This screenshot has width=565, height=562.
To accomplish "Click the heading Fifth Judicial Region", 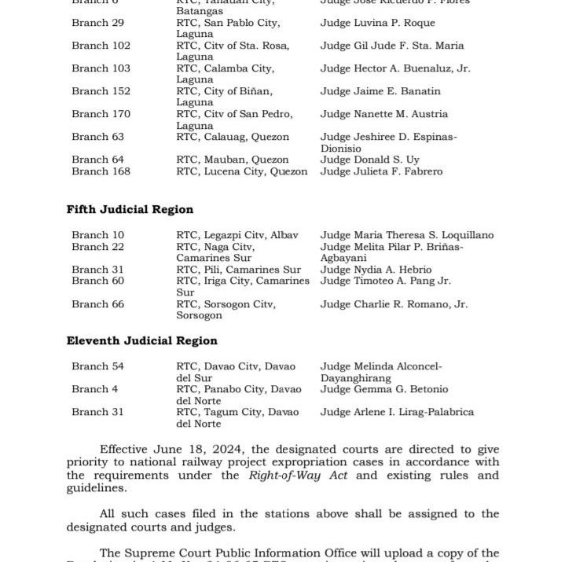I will [130, 210].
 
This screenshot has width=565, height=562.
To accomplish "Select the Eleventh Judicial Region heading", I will [141, 341].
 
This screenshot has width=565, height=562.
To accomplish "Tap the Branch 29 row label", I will [97, 23].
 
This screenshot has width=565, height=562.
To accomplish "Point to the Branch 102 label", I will [101, 46].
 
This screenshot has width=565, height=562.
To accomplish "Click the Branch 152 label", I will [101, 91].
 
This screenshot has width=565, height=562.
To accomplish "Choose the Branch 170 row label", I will [101, 114].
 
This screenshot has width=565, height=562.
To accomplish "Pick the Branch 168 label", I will [101, 171].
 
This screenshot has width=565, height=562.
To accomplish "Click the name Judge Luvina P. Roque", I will [377, 23].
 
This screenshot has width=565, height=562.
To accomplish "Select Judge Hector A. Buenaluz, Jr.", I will [395, 68].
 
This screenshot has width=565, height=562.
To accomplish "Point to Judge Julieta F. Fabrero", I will [381, 171].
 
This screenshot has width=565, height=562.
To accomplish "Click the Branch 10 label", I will [97, 235].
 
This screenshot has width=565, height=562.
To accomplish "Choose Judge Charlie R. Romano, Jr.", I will [394, 304].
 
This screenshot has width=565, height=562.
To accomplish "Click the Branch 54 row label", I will [97, 366].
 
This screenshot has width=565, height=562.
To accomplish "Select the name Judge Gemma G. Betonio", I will [384, 389].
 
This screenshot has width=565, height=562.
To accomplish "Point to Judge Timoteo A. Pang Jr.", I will [385, 281].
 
